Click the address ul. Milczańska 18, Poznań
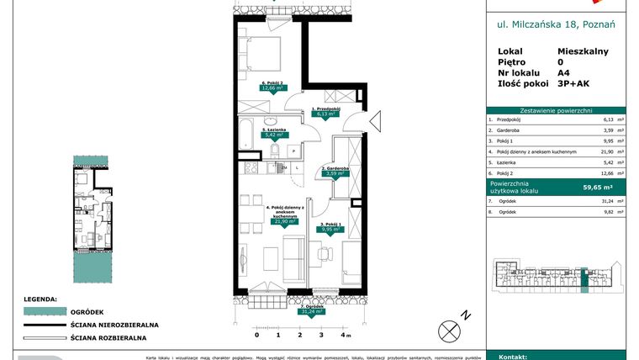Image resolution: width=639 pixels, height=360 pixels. pyautogui.click(x=557, y=24)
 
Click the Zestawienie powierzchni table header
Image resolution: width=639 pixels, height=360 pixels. pyautogui.click(x=557, y=110)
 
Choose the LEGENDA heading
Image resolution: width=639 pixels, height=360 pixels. pyautogui.click(x=40, y=298)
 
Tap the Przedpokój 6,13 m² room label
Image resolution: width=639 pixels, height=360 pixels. pyautogui.click(x=325, y=112)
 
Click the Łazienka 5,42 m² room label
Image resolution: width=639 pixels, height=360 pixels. pyautogui.click(x=275, y=132)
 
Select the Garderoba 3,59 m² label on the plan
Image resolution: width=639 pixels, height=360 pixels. pyautogui.click(x=335, y=172)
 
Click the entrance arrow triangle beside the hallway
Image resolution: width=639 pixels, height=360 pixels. pyautogui.click(x=375, y=120)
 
